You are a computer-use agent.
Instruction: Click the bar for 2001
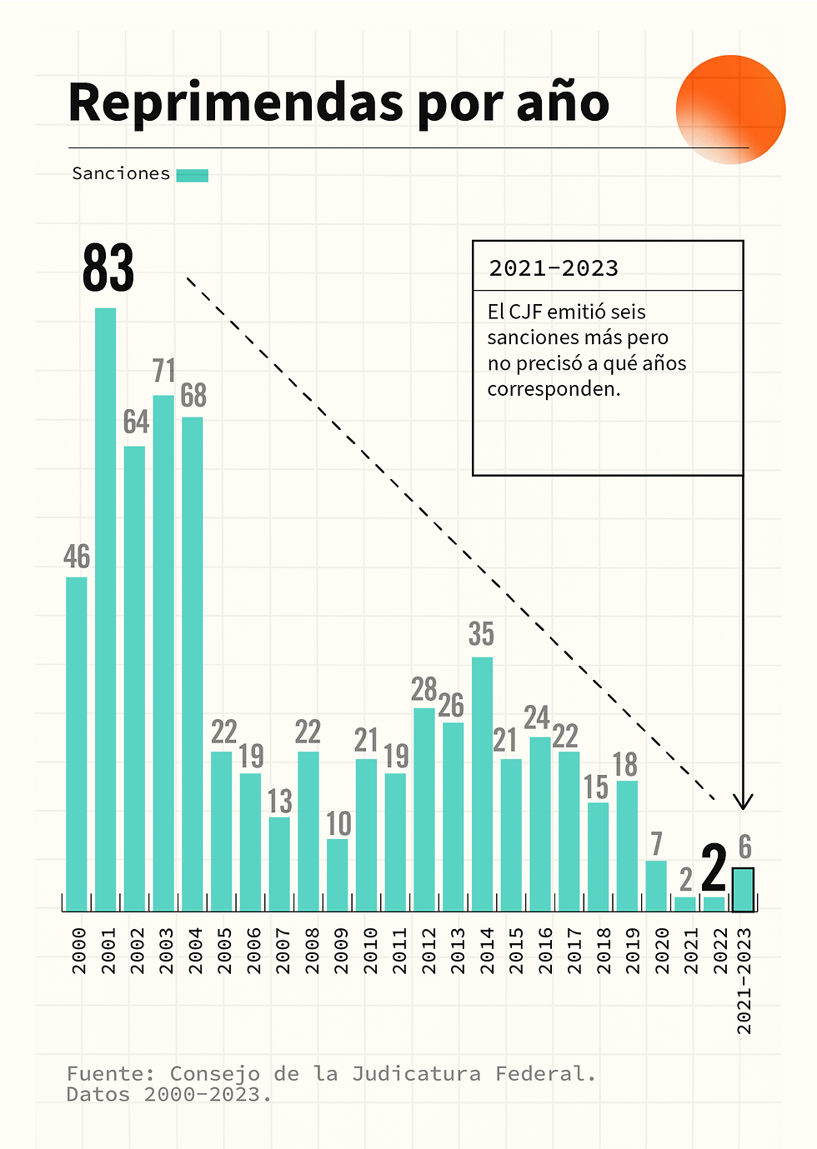point(105,608)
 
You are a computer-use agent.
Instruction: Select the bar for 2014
point(482,783)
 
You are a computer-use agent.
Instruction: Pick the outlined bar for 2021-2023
point(743,889)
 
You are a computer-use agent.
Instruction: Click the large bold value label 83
point(108,268)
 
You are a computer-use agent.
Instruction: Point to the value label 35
point(481,634)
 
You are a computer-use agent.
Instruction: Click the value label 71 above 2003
point(164,371)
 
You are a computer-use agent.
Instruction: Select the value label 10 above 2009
point(338,824)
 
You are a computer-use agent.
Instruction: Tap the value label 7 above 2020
point(657,844)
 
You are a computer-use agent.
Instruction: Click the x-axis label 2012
point(429,951)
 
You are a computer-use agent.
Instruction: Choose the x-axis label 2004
point(196,951)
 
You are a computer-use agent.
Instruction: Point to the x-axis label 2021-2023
point(744,981)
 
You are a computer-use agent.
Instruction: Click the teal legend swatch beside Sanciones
point(193,175)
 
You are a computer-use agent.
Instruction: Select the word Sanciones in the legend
point(121,173)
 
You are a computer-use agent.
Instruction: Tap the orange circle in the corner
point(730,109)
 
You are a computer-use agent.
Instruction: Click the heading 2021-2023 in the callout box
point(554,268)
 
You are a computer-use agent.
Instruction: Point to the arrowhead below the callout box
point(743,802)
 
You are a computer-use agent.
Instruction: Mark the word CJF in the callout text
point(525,312)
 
